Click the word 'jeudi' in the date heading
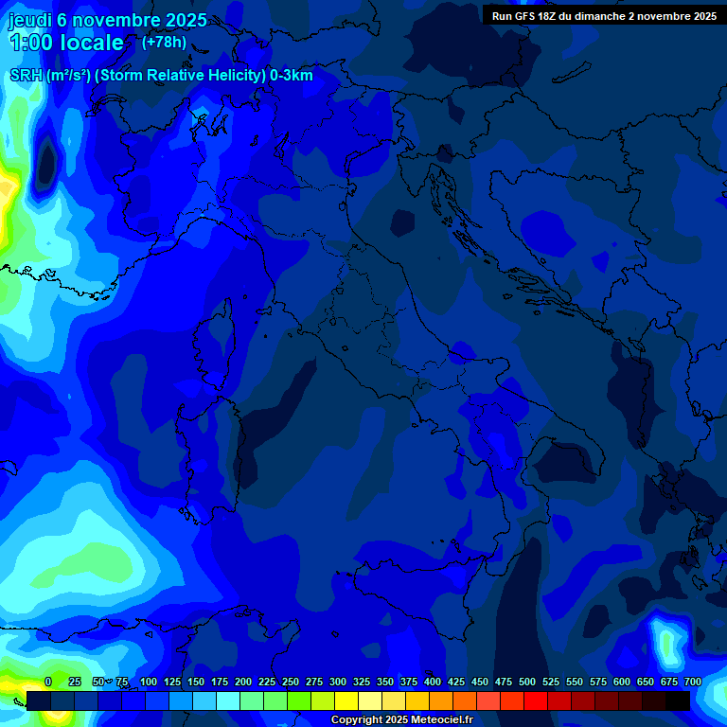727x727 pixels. [29, 20]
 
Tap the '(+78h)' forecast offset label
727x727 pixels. [164, 42]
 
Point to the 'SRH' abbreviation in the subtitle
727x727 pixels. [27, 76]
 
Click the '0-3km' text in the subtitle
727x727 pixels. [291, 76]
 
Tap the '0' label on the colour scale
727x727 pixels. [48, 682]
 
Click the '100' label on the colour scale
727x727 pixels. [149, 682]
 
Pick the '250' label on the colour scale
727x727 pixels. [291, 682]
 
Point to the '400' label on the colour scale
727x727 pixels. [433, 682]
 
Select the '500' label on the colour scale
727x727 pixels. [527, 682]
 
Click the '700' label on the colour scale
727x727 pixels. [693, 682]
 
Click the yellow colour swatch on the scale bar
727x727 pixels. [346, 700]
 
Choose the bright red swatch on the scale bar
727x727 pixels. [536, 700]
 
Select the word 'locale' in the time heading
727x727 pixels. [91, 43]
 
